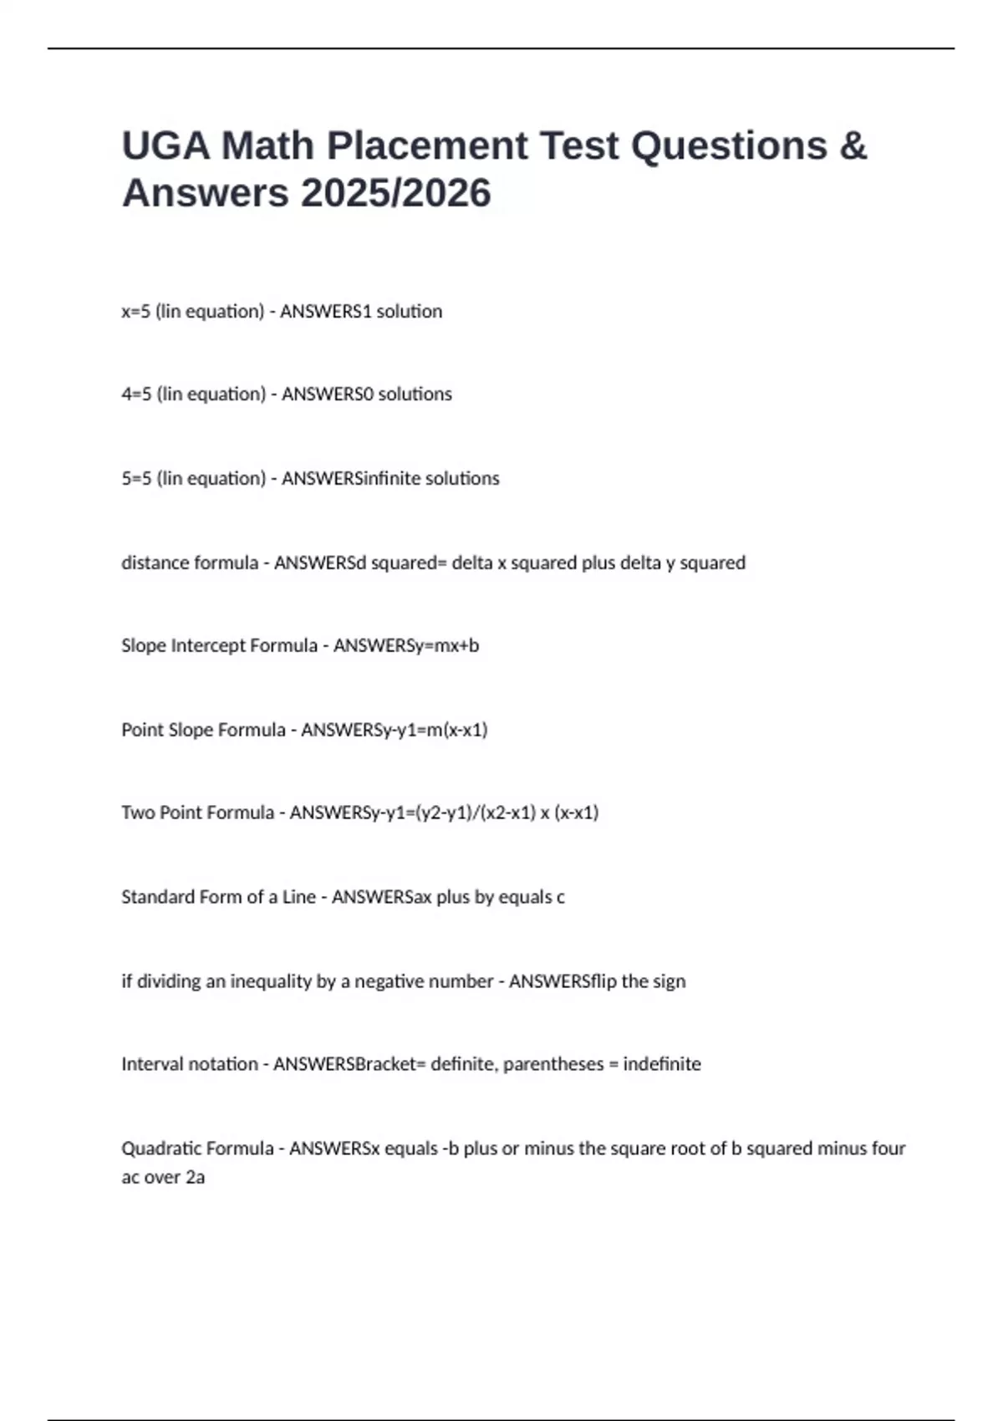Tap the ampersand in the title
coord(852,145)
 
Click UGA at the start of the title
coord(165,145)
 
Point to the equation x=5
coord(135,312)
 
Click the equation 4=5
coord(136,395)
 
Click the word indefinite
coord(662,1064)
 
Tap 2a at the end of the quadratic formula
coord(195,1177)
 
